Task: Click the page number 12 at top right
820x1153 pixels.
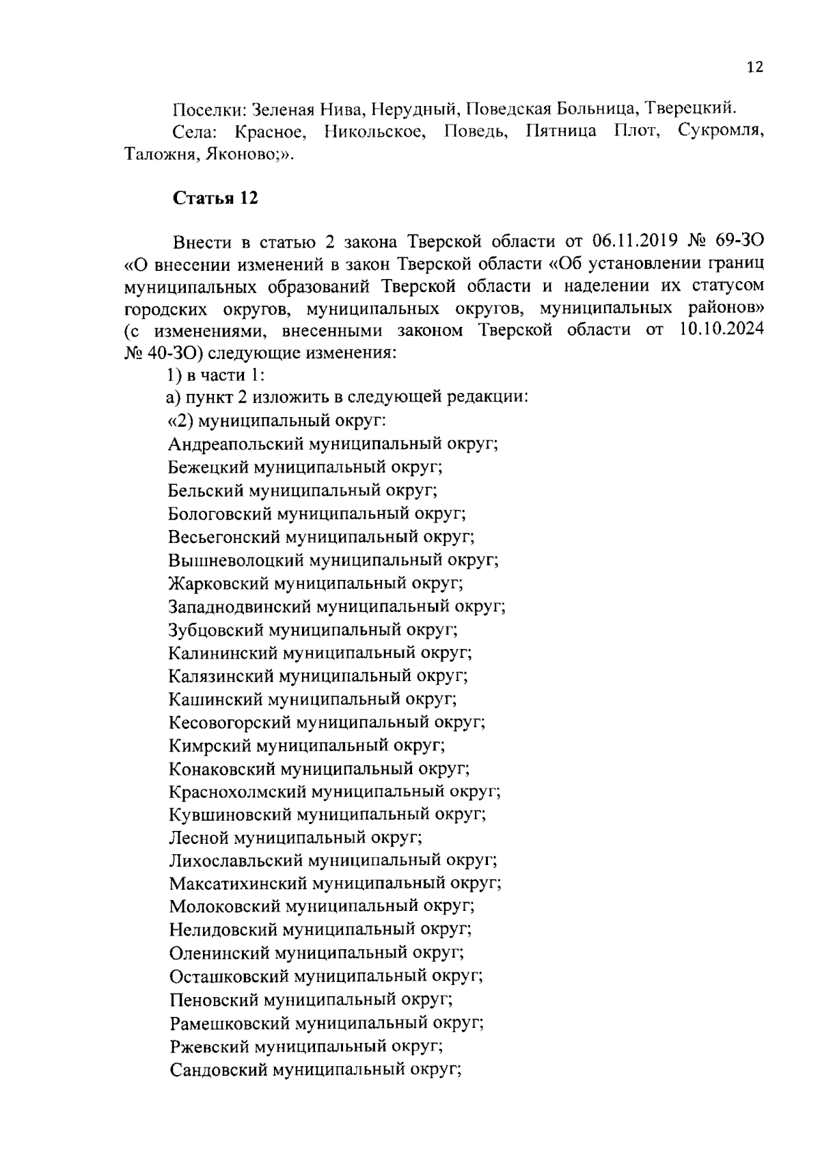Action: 754,67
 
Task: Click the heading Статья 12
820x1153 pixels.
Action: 215,198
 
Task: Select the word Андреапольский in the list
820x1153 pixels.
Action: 236,444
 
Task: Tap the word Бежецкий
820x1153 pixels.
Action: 208,467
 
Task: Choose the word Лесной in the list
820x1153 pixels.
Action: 199,837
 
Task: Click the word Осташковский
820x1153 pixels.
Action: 230,977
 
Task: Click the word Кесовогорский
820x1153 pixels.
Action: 230,721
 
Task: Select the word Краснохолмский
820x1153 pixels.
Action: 237,791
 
